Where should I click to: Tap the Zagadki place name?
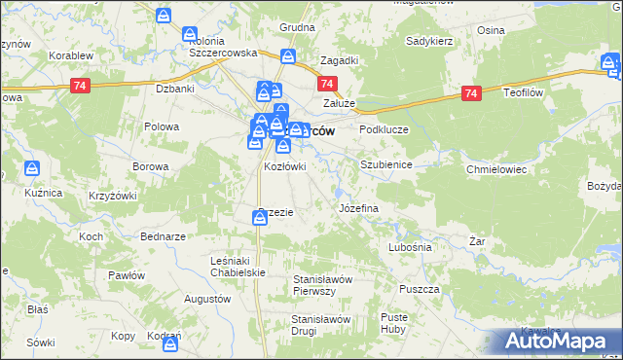click(338, 59)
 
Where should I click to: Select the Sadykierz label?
click(433, 43)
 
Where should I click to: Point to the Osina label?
click(491, 30)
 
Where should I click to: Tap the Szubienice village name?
click(386, 165)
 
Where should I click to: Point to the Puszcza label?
click(421, 290)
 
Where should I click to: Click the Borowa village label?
click(151, 166)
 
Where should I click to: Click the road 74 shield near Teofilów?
click(472, 93)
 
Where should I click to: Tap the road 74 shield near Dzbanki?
click(82, 86)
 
